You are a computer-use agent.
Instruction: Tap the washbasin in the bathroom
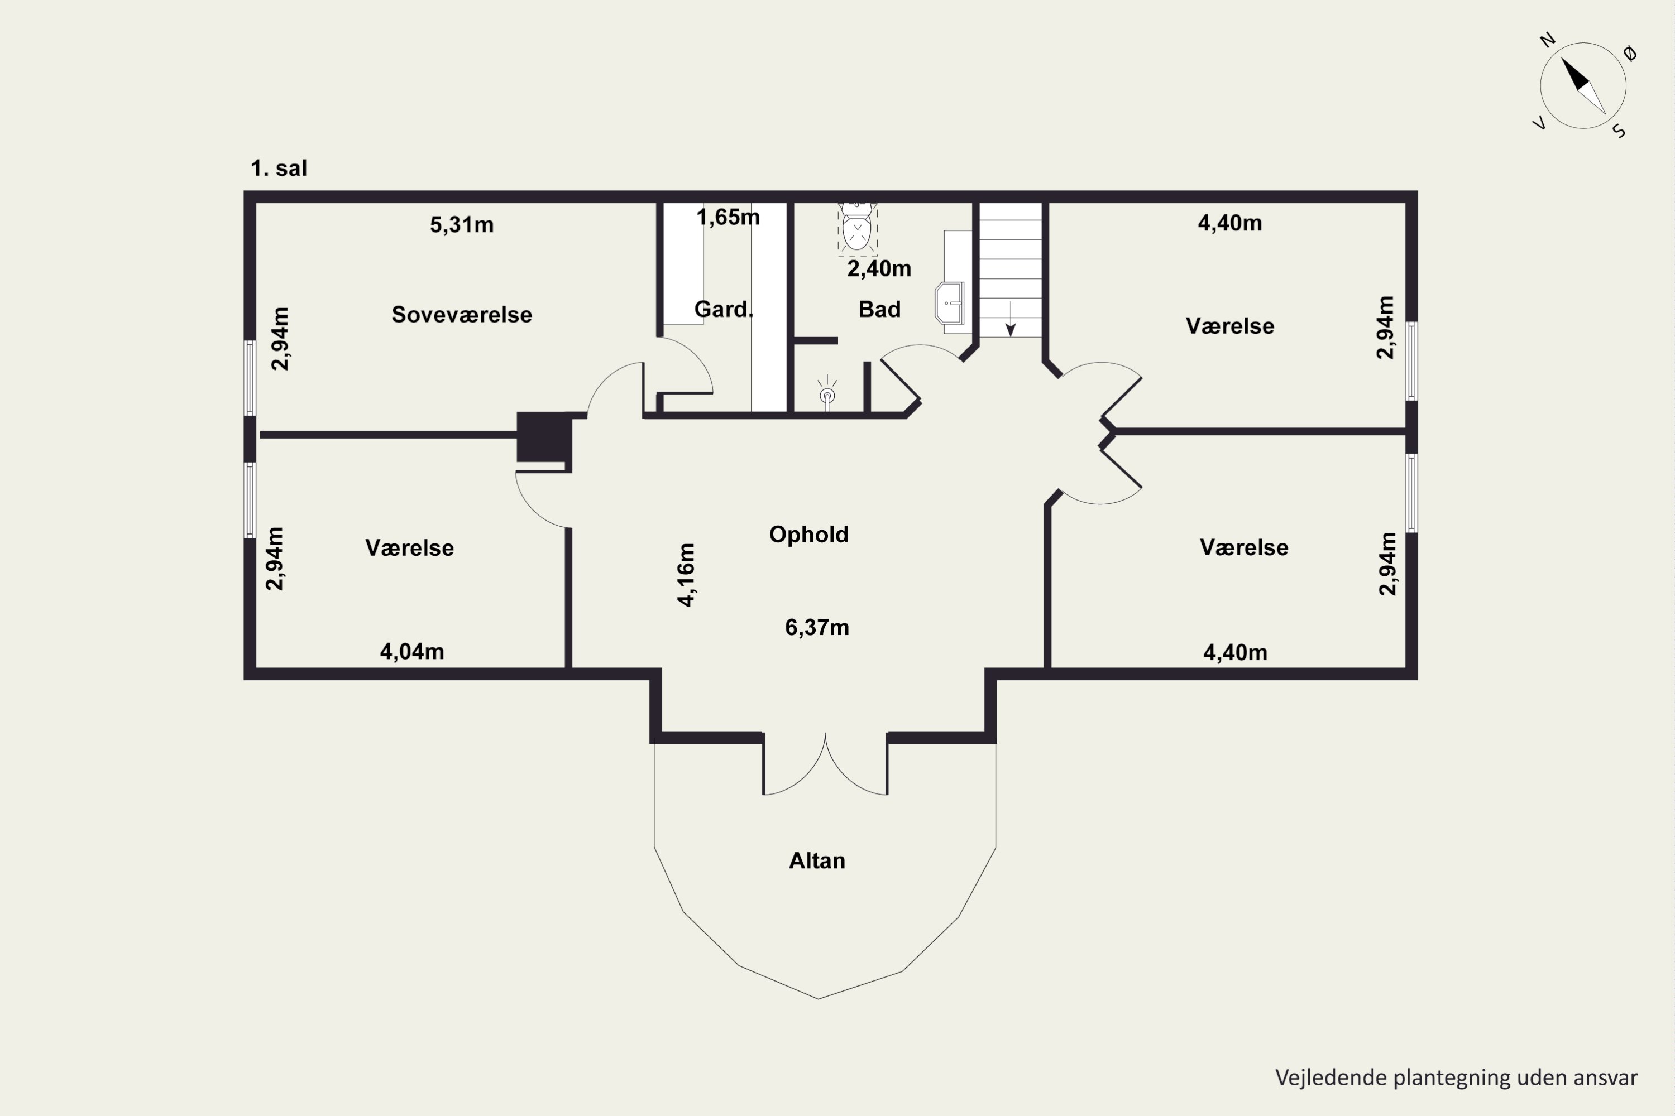coord(949,303)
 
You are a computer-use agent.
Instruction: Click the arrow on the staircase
coord(1011,319)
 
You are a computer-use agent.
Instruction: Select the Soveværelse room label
coord(462,315)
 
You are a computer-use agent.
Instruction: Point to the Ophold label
coord(809,535)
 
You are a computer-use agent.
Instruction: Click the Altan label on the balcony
coord(817,860)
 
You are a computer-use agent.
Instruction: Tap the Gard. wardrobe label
coord(724,309)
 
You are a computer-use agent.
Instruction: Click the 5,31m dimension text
coord(462,225)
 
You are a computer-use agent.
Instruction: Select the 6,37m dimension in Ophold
coord(817,628)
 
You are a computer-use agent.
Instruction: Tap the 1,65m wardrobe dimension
coord(728,217)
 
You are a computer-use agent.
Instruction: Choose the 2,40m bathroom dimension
coord(879,268)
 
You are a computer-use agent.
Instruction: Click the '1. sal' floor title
coord(279,169)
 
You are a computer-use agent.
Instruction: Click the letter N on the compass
coord(1548,40)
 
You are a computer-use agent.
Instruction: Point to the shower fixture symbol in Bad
coord(827,393)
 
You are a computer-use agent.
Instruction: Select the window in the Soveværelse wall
coord(250,377)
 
